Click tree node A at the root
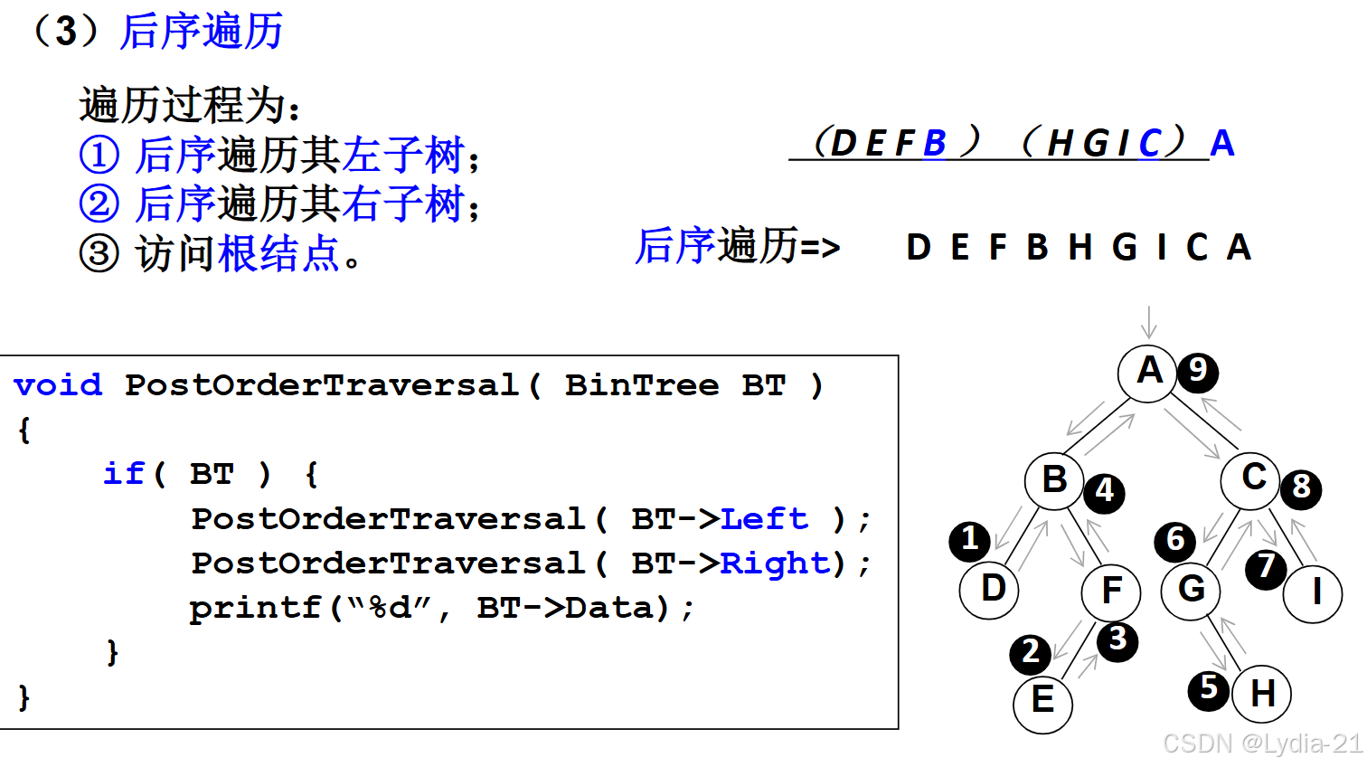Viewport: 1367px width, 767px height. coord(1147,372)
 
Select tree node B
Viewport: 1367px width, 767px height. coord(1054,480)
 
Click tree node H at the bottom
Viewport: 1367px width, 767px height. coord(1261,695)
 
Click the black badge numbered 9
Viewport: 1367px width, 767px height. coord(1198,371)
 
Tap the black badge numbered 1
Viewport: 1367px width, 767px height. coord(970,541)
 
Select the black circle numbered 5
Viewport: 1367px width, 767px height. coord(1209,689)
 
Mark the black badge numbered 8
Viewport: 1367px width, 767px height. coord(1301,488)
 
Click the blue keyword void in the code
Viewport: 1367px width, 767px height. coord(58,385)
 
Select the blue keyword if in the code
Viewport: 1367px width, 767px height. coord(124,474)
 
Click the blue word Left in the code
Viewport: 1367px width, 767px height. coord(764,519)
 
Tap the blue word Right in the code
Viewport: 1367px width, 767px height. coord(775,563)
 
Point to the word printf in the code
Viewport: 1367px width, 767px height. coord(255,608)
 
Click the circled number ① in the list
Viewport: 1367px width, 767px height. coord(99,155)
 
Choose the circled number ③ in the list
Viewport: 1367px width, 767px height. coord(99,253)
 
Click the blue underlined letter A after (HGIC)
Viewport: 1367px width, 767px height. coord(1222,143)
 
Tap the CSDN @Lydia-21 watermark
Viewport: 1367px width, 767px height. coord(1262,743)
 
